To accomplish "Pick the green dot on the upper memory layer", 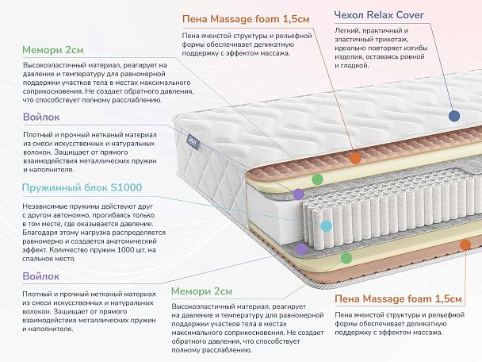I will tap(317, 179).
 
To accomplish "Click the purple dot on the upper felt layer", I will tap(299, 193).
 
